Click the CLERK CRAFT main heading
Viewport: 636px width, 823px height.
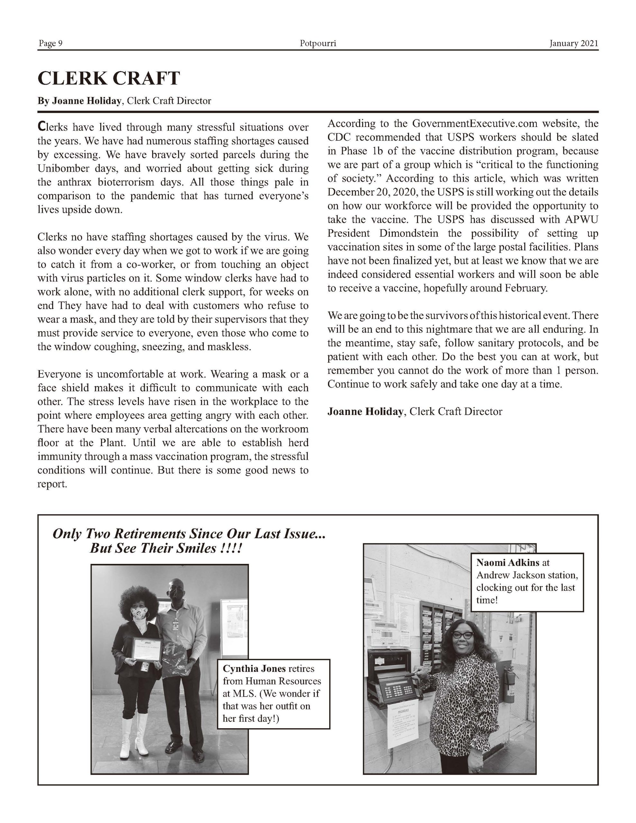(x=109, y=78)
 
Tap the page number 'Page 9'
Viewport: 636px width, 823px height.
(x=50, y=44)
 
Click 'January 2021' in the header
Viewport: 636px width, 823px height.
(x=573, y=44)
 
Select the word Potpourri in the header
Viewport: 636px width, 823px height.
(x=318, y=44)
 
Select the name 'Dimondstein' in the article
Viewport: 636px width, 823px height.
(x=409, y=233)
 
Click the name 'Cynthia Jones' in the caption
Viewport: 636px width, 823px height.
(x=254, y=668)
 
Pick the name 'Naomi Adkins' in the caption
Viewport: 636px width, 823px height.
(x=507, y=563)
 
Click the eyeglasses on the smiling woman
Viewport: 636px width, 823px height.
(x=462, y=635)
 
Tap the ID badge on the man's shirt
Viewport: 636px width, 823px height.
(x=175, y=624)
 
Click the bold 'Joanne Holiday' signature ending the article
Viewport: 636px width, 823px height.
(x=365, y=411)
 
